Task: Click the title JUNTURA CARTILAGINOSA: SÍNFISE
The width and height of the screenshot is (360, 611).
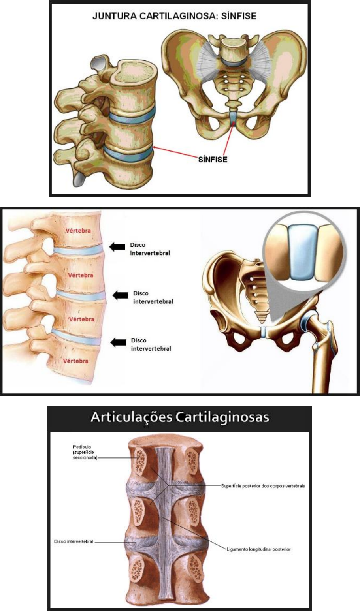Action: tap(174, 17)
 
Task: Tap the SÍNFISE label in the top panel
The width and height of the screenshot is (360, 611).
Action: tap(213, 160)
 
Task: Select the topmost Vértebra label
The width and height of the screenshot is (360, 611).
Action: tap(78, 231)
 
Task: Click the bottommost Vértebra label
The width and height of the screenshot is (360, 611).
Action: tap(75, 361)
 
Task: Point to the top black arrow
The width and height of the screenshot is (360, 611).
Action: tap(116, 247)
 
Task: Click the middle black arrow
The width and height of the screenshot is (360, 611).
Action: tap(121, 295)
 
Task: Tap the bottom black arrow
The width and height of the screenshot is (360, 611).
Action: tap(118, 342)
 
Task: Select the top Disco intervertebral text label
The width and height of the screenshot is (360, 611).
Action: tap(150, 249)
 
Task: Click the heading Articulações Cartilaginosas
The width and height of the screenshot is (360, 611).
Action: tap(180, 417)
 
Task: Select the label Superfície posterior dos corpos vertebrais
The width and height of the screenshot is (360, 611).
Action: tap(263, 486)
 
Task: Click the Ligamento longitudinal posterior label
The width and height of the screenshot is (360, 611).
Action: tap(259, 549)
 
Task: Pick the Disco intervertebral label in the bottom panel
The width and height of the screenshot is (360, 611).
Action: tap(74, 542)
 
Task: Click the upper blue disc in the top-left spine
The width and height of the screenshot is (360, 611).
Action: tap(130, 116)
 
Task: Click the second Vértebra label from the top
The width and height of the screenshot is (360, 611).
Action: tap(80, 275)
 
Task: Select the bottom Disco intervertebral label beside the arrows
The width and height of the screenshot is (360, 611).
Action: tap(151, 344)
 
